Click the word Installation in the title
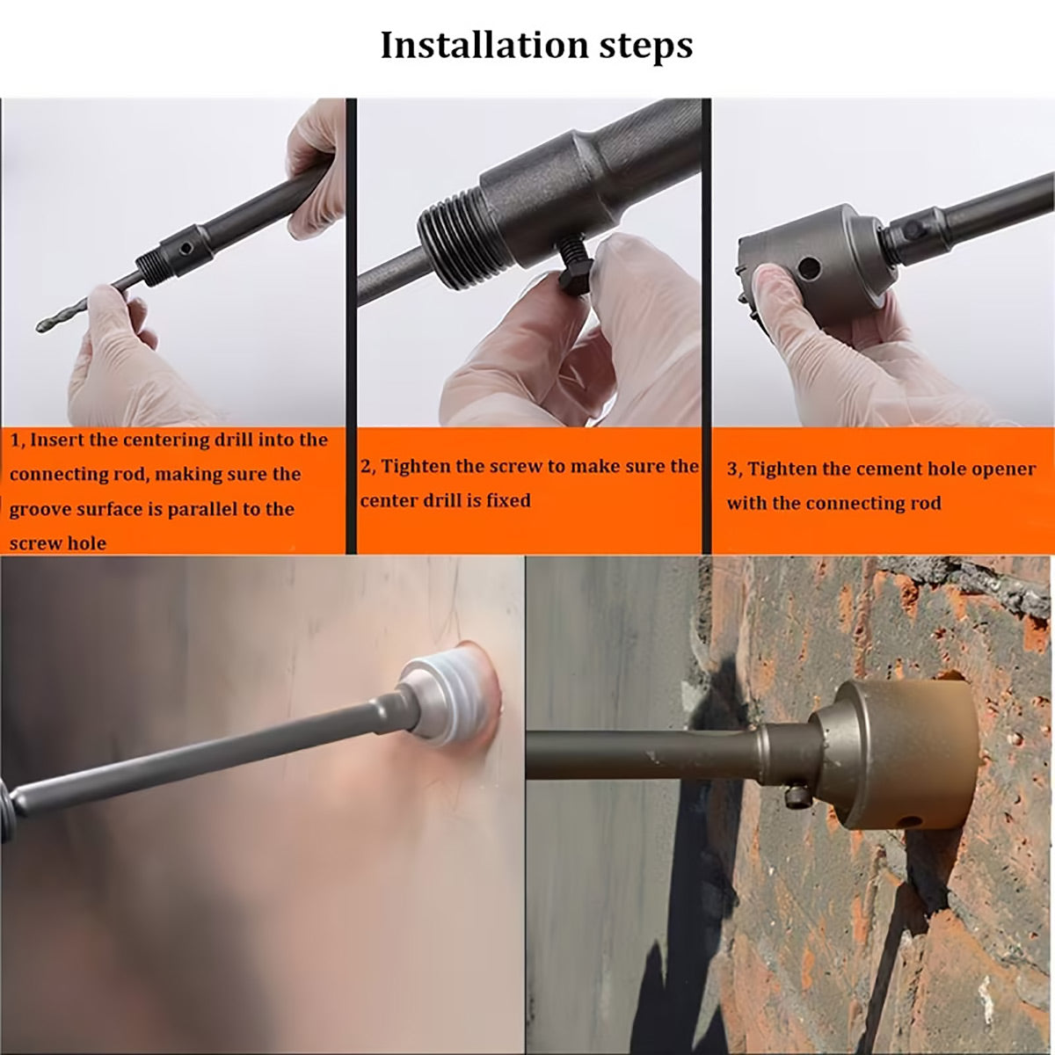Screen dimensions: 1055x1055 (484, 46)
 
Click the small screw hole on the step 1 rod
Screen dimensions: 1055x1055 (186, 249)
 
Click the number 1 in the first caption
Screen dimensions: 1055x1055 (15, 440)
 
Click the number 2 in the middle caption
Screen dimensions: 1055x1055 (365, 467)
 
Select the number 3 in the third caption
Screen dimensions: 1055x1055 (732, 469)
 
